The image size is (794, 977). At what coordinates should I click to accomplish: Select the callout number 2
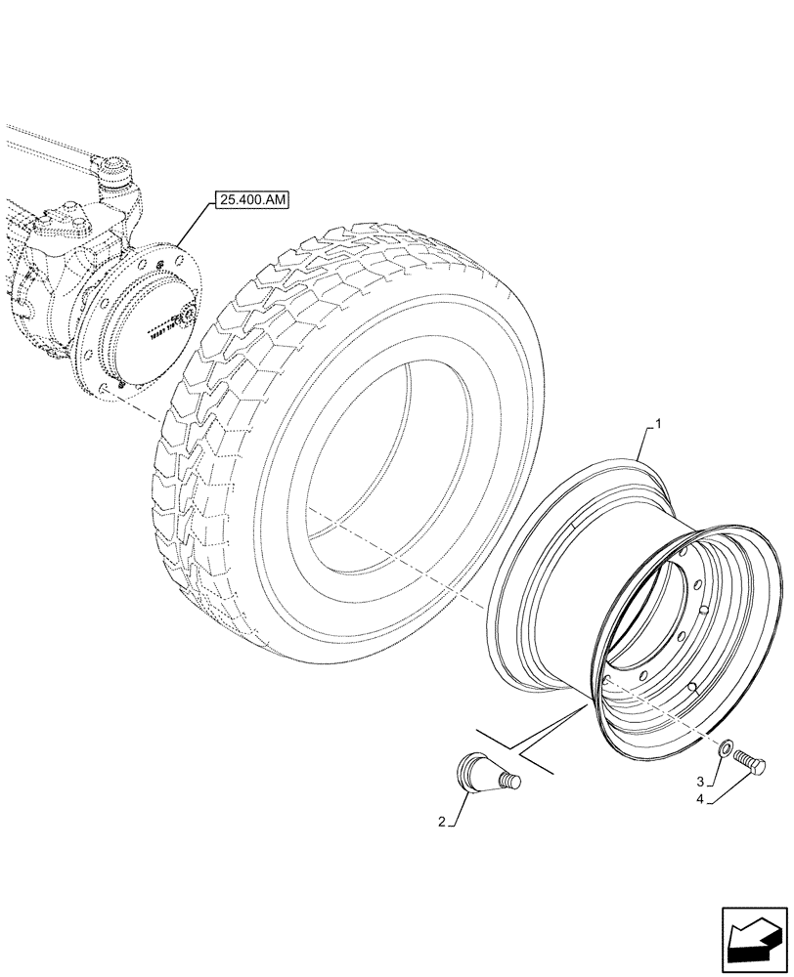coord(444,824)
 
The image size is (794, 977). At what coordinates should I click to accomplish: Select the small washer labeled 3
coord(726,750)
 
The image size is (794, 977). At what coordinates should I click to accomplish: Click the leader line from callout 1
coord(646,445)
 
